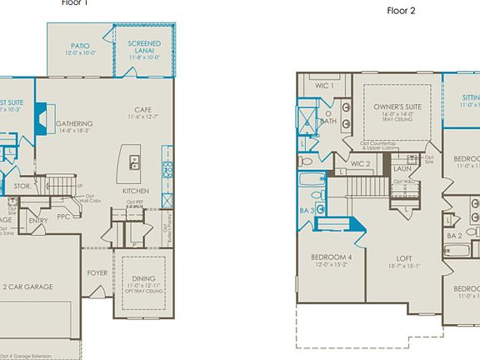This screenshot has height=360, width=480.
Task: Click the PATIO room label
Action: [80, 47]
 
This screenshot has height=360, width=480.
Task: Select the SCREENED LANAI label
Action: [144, 47]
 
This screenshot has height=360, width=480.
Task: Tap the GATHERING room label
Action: [74, 124]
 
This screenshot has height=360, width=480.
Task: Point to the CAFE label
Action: [142, 110]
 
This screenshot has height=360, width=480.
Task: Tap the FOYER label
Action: [97, 272]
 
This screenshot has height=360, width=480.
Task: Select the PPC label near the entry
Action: [64, 217]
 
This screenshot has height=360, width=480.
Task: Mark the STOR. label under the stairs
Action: [22, 187]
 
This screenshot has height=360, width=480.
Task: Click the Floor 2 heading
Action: [400, 11]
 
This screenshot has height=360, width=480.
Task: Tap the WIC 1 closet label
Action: [325, 86]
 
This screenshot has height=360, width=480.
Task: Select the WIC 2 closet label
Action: [360, 163]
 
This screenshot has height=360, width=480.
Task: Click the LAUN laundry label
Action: [402, 168]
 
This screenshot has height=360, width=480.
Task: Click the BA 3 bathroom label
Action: [306, 212]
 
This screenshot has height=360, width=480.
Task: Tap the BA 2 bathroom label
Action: [454, 236]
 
